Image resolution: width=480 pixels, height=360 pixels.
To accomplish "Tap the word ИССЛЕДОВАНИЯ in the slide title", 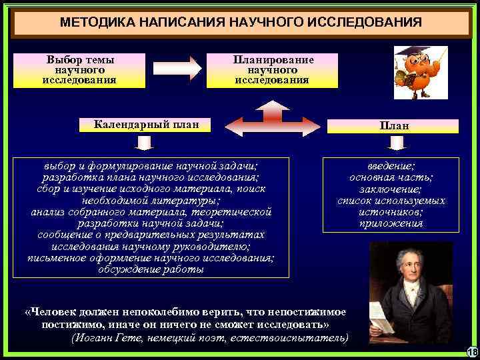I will pos(363,23).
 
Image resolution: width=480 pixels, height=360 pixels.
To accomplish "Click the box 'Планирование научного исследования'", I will pos(272,70).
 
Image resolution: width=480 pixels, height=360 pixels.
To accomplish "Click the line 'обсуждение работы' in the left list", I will pos(151,270).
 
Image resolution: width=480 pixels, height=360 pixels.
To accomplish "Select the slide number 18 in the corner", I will pos(472,352).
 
